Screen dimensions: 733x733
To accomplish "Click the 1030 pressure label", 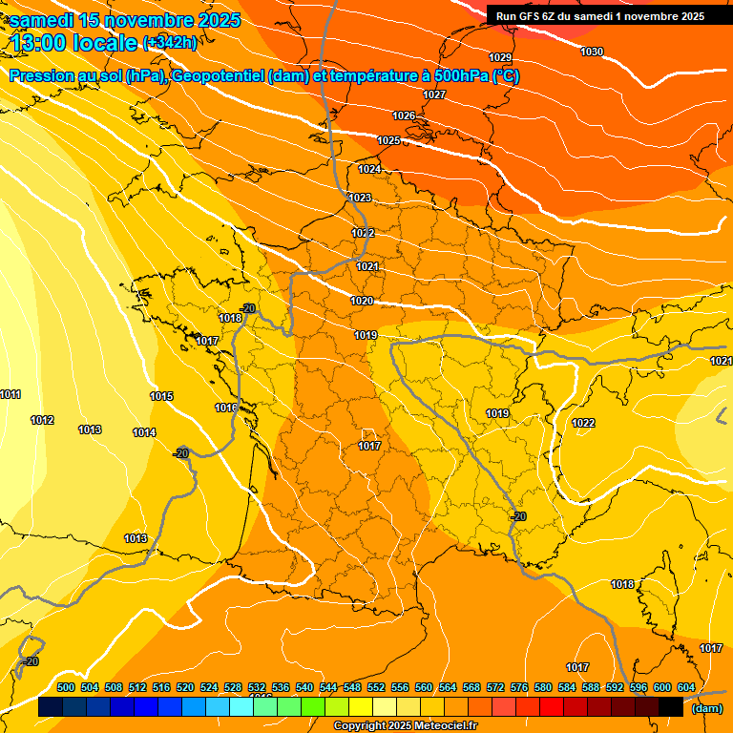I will pyautogui.click(x=592, y=52).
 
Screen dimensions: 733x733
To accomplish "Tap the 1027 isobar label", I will pyautogui.click(x=434, y=94).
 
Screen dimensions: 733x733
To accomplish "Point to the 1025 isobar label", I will pyautogui.click(x=388, y=140).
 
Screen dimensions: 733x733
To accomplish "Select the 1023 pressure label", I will pyautogui.click(x=360, y=198).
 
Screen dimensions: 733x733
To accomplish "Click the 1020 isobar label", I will pyautogui.click(x=362, y=301).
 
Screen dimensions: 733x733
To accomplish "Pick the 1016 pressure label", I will pyautogui.click(x=226, y=408).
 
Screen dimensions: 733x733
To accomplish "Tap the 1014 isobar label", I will pyautogui.click(x=144, y=432).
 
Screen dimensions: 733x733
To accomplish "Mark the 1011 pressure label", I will pyautogui.click(x=10, y=394).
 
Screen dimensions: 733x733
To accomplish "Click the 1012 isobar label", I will pyautogui.click(x=42, y=420).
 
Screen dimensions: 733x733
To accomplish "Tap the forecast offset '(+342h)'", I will pyautogui.click(x=170, y=42).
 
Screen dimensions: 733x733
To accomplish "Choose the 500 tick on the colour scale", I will pyautogui.click(x=66, y=687).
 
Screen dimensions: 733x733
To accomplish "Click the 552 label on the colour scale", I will pyautogui.click(x=376, y=687).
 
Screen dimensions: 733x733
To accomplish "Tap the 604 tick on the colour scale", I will pyautogui.click(x=686, y=687).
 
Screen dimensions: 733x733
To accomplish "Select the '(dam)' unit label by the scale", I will pyautogui.click(x=706, y=708).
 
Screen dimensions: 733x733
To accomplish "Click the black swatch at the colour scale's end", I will pyautogui.click(x=671, y=707).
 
